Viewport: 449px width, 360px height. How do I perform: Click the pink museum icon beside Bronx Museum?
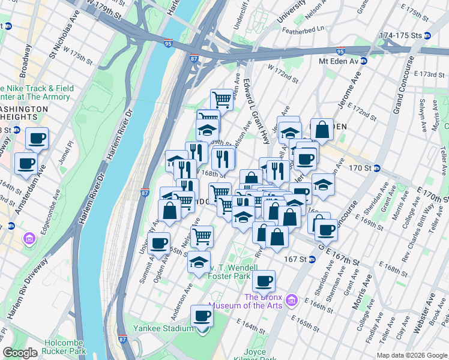point(292,299)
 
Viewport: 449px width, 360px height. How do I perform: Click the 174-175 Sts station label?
point(400,35)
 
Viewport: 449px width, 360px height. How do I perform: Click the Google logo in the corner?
point(20,353)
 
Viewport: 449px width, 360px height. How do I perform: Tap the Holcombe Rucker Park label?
point(66,347)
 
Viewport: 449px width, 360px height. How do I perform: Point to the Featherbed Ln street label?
point(303,28)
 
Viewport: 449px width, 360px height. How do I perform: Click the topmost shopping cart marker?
point(221,98)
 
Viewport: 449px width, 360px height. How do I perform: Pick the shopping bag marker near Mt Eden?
point(322,130)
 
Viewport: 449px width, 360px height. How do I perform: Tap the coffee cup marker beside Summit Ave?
point(159,244)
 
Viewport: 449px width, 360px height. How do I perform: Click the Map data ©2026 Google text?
point(411,355)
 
